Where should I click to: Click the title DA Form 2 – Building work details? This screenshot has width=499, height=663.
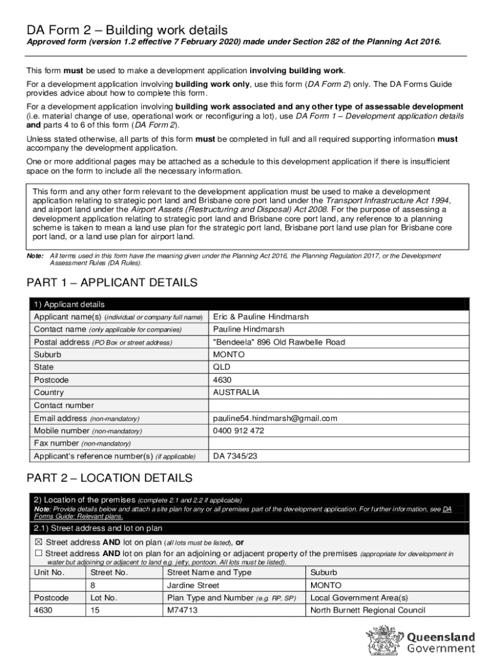pyautogui.click(x=127, y=30)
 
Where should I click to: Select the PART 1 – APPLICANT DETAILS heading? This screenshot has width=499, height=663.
pyautogui.click(x=111, y=283)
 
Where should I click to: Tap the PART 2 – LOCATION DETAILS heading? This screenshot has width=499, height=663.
pyautogui.click(x=109, y=478)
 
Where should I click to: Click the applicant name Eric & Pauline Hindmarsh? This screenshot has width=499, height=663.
pyautogui.click(x=261, y=317)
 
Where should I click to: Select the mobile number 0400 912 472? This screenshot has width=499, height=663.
pyautogui.click(x=238, y=431)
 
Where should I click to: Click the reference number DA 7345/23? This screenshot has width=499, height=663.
pyautogui.click(x=235, y=456)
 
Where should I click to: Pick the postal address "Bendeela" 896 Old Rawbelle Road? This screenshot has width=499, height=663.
pyautogui.click(x=279, y=343)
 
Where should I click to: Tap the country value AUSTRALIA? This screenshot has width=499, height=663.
pyautogui.click(x=236, y=393)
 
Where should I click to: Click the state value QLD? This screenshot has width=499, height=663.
pyautogui.click(x=222, y=368)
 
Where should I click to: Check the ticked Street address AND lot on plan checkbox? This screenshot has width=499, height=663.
pyautogui.click(x=38, y=543)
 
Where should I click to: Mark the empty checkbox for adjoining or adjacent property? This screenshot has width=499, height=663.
pyautogui.click(x=38, y=554)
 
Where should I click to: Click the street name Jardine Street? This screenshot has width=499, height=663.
pyautogui.click(x=193, y=585)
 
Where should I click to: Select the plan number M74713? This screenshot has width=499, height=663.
pyautogui.click(x=182, y=611)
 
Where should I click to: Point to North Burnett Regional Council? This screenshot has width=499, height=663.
pyautogui.click(x=367, y=611)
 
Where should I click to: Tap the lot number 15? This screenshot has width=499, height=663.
pyautogui.click(x=96, y=611)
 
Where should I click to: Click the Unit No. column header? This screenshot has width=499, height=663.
pyautogui.click(x=49, y=573)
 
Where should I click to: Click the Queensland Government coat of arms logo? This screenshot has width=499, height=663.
pyautogui.click(x=388, y=640)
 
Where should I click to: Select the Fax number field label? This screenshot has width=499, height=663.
pyautogui.click(x=56, y=444)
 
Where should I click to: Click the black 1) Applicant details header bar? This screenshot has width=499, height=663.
pyautogui.click(x=250, y=304)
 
